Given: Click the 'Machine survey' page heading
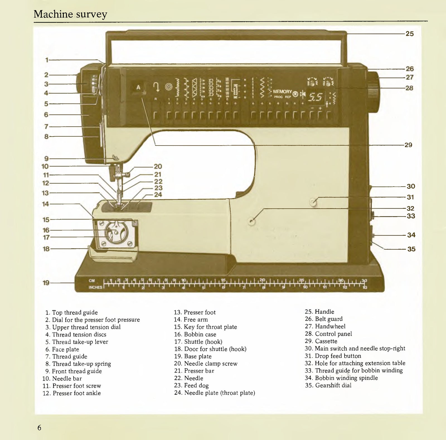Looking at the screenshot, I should tap(70, 14).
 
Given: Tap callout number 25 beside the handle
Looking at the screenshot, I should tap(409, 34).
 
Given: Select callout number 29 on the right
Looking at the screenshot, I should tap(408, 145).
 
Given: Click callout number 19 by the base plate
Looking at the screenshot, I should tap(46, 283).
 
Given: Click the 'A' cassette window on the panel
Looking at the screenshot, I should tap(138, 88).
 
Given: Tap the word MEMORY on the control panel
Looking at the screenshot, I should tap(282, 91).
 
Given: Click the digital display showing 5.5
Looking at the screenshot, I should tap(316, 97).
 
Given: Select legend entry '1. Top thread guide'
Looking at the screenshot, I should tap(71, 313).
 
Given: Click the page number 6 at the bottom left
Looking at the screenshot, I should tap(39, 427).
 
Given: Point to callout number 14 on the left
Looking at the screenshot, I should tap(45, 204).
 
